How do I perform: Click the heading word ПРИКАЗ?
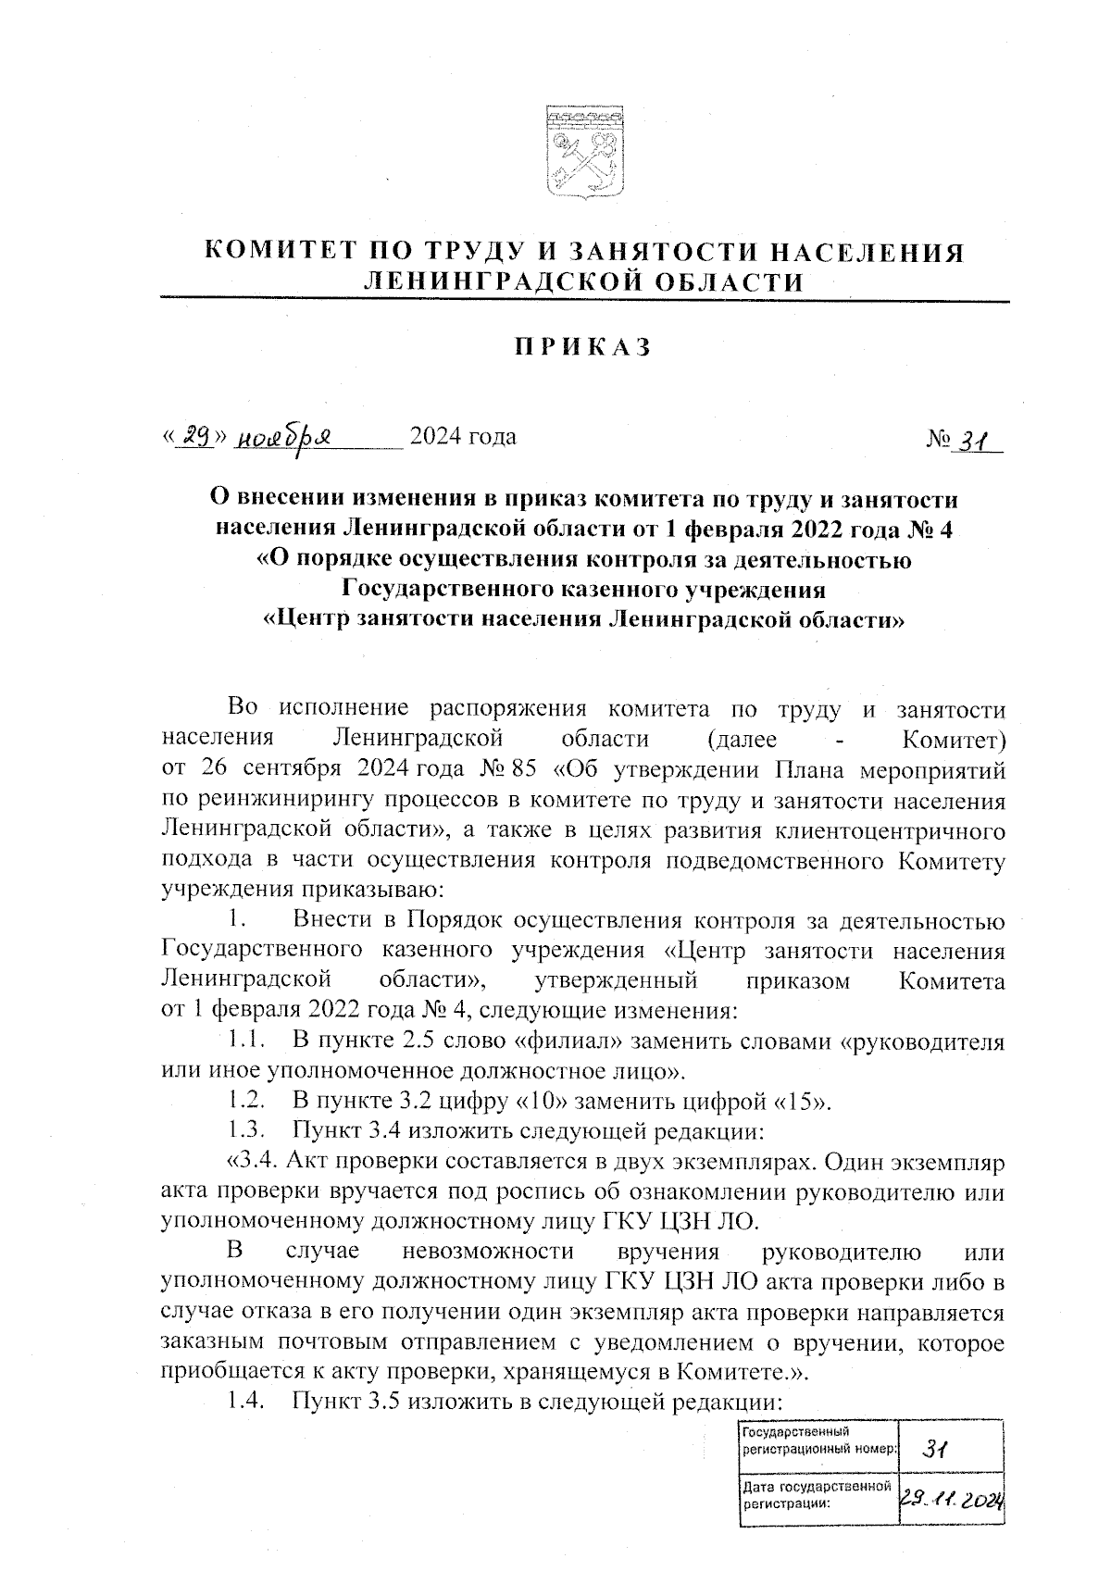[x=582, y=347]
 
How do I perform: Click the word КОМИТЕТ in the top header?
[x=281, y=253]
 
